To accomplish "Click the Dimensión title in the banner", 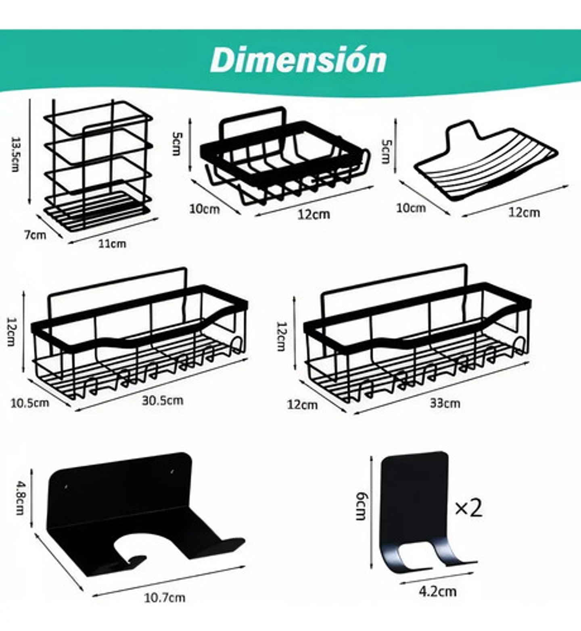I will point(298,60).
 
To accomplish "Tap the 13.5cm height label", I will point(15,154).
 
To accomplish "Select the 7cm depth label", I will point(35,235).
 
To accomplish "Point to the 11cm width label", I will point(112,244).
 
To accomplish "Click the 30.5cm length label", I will point(162,400).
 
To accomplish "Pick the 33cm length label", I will point(445,403).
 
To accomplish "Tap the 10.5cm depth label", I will point(29,403).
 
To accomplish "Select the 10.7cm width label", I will point(165,597).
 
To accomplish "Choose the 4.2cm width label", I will point(437,591).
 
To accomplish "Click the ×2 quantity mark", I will point(468,508).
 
